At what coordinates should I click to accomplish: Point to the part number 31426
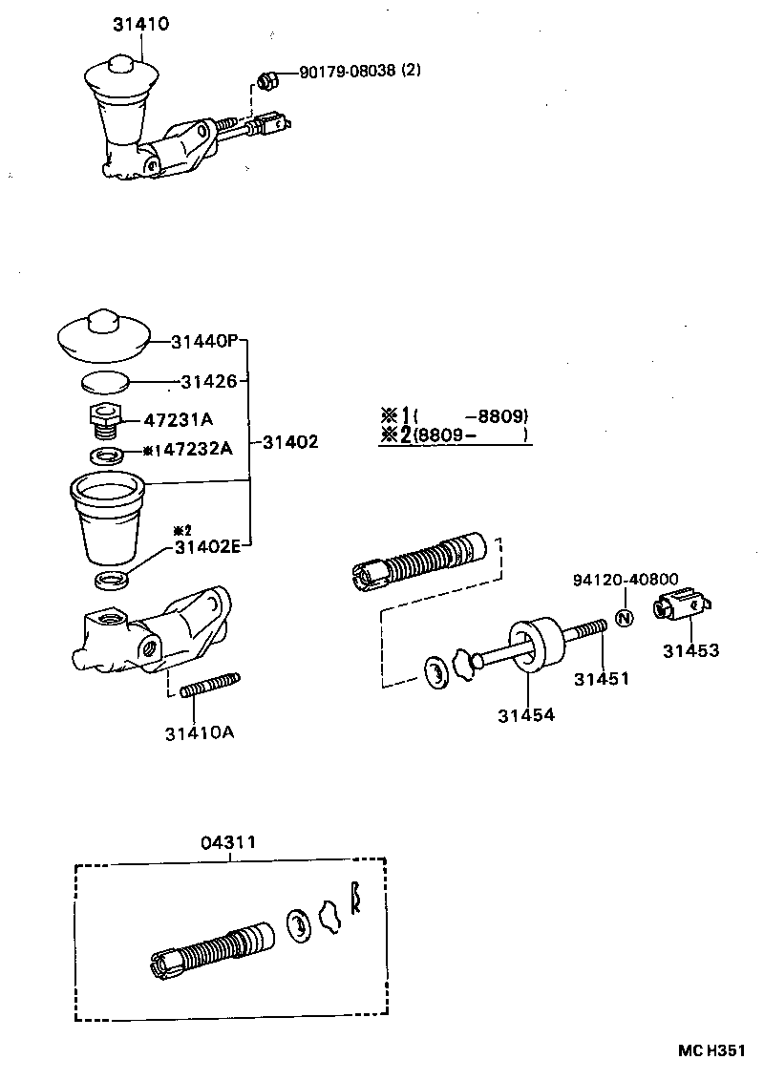tap(208, 381)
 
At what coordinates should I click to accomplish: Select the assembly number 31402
tap(290, 442)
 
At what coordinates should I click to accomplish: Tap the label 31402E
tap(207, 547)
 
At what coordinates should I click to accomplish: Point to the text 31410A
tap(199, 733)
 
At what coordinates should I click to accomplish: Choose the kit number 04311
tap(228, 843)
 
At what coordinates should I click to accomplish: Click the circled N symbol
tap(624, 618)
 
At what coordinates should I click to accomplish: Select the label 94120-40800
tap(626, 580)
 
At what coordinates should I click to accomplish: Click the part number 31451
tap(602, 679)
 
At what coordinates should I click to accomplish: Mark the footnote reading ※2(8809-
tap(454, 435)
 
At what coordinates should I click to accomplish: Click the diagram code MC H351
tap(711, 1049)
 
